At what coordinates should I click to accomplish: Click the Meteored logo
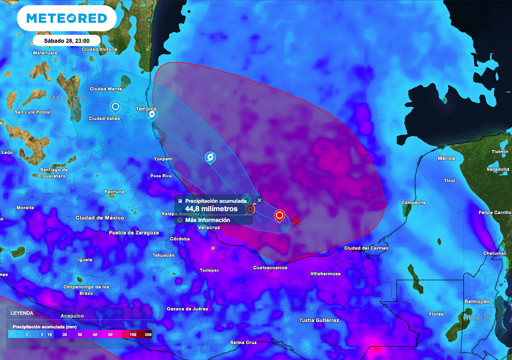pyautogui.click(x=66, y=18)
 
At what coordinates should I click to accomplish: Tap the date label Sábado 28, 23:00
pyautogui.click(x=66, y=40)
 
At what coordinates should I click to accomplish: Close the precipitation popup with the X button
pyautogui.click(x=259, y=200)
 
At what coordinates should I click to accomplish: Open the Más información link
pyautogui.click(x=207, y=220)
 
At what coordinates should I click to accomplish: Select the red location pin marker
pyautogui.click(x=279, y=215)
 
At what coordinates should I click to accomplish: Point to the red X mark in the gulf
pyautogui.click(x=296, y=220)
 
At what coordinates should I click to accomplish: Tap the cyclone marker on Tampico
pyautogui.click(x=152, y=115)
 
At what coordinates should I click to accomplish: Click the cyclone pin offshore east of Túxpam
pyautogui.click(x=210, y=157)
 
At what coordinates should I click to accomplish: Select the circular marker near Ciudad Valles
pyautogui.click(x=115, y=106)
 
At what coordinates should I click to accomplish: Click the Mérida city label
pyautogui.click(x=446, y=158)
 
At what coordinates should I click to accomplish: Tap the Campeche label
pyautogui.click(x=413, y=202)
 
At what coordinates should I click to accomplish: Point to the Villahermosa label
pyautogui.click(x=325, y=273)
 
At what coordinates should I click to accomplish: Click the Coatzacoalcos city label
pyautogui.click(x=270, y=267)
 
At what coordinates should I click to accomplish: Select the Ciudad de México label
pyautogui.click(x=99, y=217)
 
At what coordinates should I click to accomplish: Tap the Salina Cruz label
pyautogui.click(x=243, y=342)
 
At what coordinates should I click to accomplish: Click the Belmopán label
pyautogui.click(x=476, y=301)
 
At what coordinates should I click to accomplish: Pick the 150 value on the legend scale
pyautogui.click(x=132, y=334)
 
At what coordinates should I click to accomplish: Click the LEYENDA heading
pyautogui.click(x=22, y=313)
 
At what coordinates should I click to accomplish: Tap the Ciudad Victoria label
pyautogui.click(x=99, y=49)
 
